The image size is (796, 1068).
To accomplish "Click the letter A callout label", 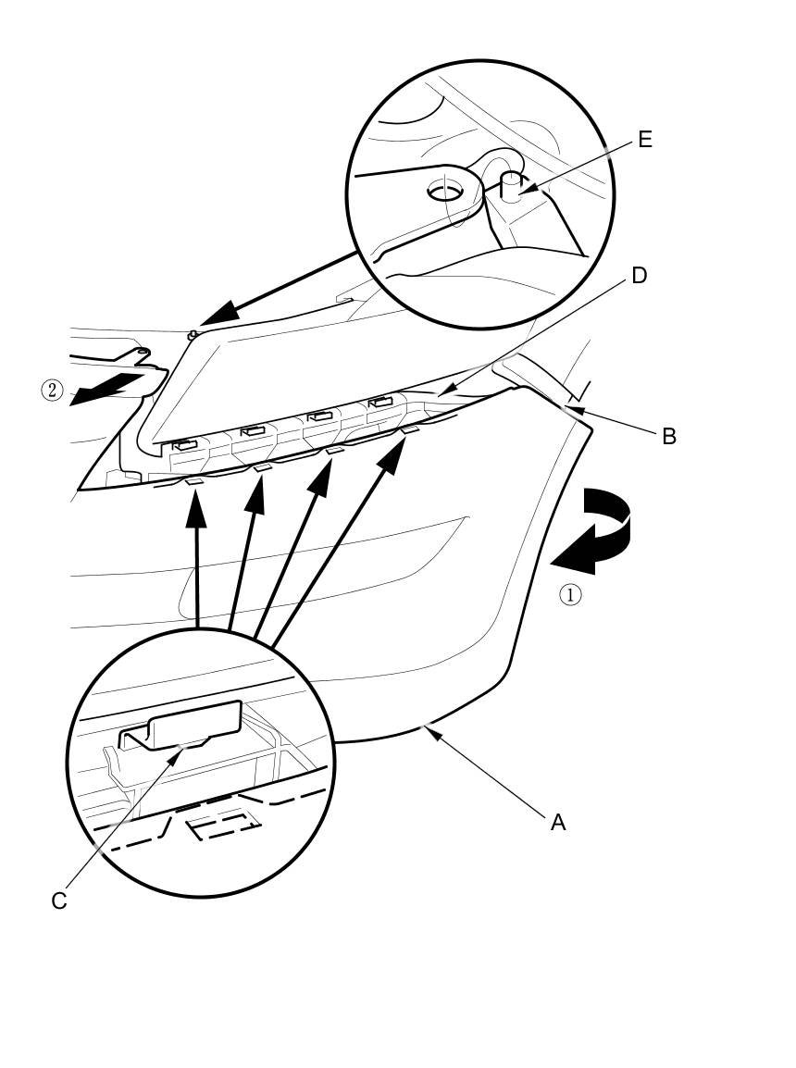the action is pyautogui.click(x=557, y=822).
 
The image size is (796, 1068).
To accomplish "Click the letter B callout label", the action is pyautogui.click(x=668, y=436).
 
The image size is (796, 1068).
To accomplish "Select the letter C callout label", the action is pyautogui.click(x=59, y=901).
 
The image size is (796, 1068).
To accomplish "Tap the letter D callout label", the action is pyautogui.click(x=639, y=276).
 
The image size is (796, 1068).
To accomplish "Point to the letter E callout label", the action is pyautogui.click(x=645, y=140).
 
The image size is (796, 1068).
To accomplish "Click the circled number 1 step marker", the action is pyautogui.click(x=571, y=595).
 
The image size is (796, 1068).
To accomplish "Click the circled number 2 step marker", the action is pyautogui.click(x=52, y=391).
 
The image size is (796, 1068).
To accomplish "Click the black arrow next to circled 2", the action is pyautogui.click(x=106, y=388).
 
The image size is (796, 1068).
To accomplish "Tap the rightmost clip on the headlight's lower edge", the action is pyautogui.click(x=380, y=403).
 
